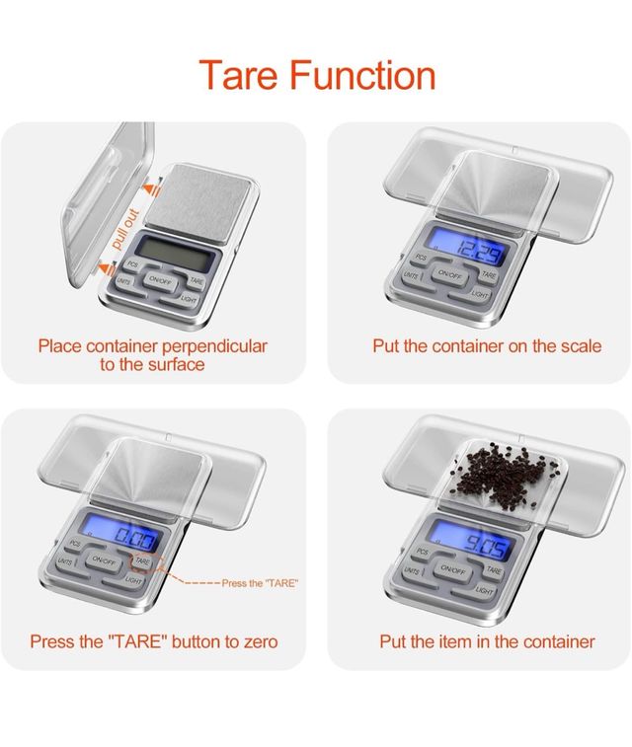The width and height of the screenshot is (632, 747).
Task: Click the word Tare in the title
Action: point(238,75)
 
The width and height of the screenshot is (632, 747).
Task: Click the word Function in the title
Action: point(362,75)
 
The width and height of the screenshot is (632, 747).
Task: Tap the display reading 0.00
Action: point(120,533)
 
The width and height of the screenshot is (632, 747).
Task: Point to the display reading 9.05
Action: point(473,541)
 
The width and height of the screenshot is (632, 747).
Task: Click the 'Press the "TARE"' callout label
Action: point(260,583)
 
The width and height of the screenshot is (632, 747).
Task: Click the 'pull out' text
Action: point(124,229)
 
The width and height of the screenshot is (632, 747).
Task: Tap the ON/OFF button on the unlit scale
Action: point(161,280)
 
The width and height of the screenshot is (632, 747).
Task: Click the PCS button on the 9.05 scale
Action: point(423,552)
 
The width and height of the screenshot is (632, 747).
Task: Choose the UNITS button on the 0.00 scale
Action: point(65,562)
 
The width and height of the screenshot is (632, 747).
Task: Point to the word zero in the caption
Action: point(261,641)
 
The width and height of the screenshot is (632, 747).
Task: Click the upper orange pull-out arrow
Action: point(152,190)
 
